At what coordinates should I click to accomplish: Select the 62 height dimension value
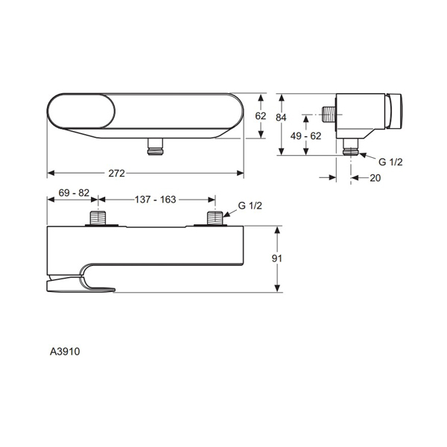click(260, 116)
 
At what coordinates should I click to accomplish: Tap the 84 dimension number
click(281, 116)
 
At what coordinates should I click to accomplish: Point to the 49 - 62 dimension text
click(306, 136)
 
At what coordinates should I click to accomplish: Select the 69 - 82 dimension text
click(73, 193)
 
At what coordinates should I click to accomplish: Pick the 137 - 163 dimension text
click(156, 200)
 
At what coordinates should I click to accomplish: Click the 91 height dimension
click(277, 259)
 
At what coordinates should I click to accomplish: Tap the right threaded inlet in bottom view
click(215, 219)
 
